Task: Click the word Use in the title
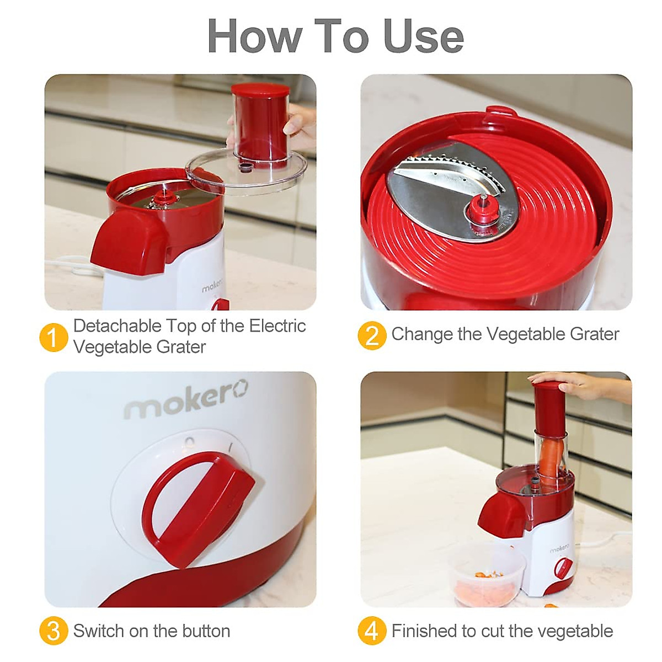coord(423,36)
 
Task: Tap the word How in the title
coord(254,36)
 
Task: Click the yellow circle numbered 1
coord(54,337)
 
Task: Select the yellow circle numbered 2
coord(372,335)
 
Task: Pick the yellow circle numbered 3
coord(54,631)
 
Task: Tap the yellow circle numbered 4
coord(372,631)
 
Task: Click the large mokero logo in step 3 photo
coord(185,399)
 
